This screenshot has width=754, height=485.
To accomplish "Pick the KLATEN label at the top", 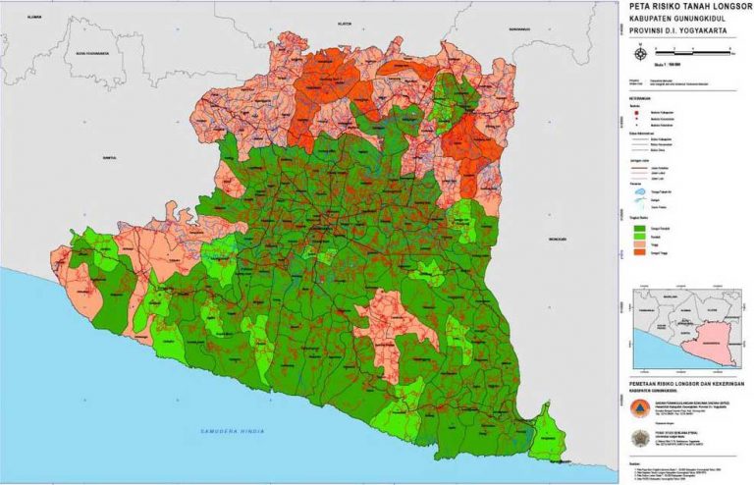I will click(x=344, y=22).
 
